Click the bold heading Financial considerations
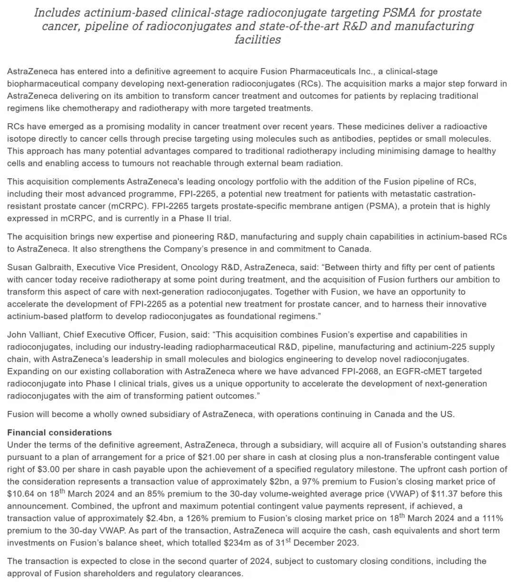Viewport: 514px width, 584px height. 59,433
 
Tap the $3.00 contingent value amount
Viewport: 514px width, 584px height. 49,469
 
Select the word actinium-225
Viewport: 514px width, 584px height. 424,347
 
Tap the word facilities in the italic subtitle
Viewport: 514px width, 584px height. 257,39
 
